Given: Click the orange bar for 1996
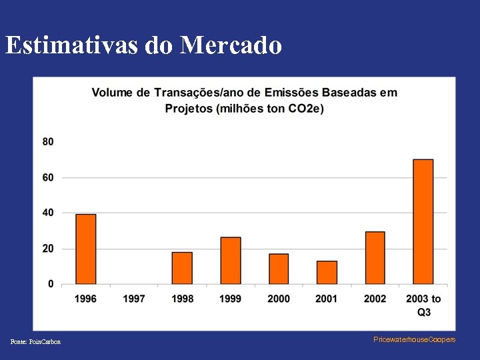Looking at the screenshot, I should point(86,249).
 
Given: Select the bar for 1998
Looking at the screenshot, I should point(182,268).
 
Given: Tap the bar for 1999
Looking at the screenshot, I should point(231,261).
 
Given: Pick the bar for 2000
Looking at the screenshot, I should point(279,269).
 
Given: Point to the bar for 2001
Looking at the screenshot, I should point(327,272).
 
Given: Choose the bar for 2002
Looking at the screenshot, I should point(375,257).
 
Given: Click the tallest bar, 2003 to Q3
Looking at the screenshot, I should point(423,221).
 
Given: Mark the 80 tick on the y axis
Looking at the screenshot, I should point(48,142).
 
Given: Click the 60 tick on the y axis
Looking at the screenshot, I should point(48,177).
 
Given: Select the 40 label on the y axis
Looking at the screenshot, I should point(48,213).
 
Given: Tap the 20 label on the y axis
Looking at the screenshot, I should point(48,249).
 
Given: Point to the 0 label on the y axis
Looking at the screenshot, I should point(51,284).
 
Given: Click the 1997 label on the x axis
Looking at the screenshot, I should point(134,299).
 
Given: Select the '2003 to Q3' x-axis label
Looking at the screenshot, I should point(423,305).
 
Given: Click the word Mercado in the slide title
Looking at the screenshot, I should point(231,45).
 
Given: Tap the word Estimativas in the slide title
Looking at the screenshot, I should point(73,45).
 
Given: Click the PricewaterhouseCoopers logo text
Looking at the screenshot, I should point(415,339).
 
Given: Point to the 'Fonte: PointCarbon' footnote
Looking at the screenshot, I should point(35,342).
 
